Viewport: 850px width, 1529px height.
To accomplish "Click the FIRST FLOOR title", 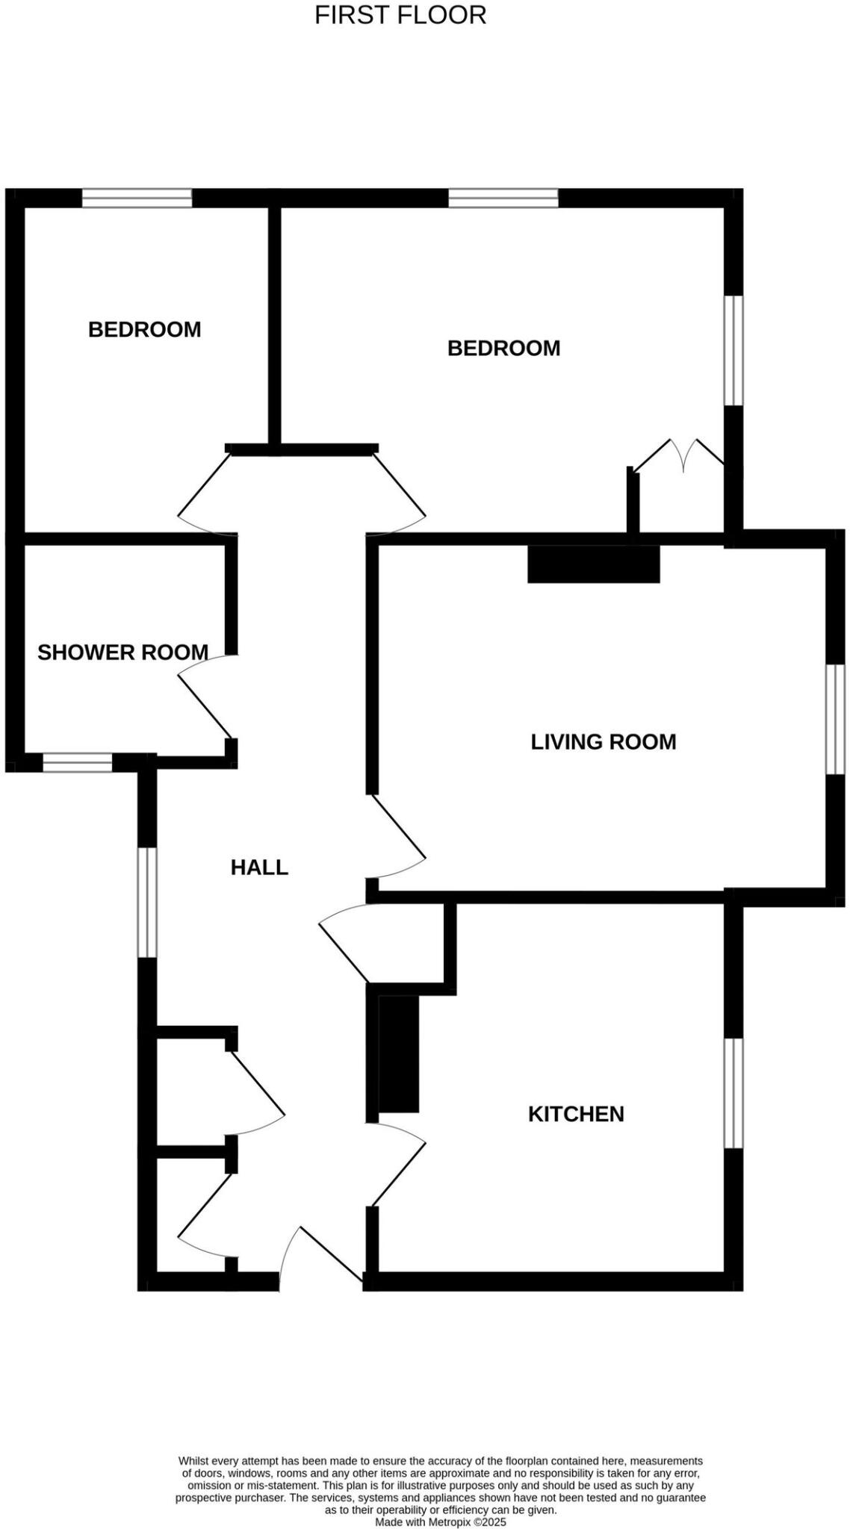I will point(400,15).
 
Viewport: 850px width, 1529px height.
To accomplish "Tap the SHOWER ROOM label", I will point(122,653).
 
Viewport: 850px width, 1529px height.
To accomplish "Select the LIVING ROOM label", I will point(603,742).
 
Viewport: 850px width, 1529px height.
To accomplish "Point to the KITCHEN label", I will point(576,1114).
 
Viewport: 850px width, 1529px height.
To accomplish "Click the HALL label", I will point(259,868).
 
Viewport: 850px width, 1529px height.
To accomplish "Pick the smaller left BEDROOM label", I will point(144,329).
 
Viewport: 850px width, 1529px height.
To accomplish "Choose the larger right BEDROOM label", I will point(503,348).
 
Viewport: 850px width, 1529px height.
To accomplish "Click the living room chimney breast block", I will point(593,564).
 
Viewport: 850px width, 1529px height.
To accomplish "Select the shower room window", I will point(77,762).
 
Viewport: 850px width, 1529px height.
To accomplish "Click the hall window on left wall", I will point(147,902).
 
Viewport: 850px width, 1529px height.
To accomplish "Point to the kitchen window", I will point(734,1093).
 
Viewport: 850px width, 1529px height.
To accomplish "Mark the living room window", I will point(835,720).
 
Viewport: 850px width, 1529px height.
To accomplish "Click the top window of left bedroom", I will point(137,198).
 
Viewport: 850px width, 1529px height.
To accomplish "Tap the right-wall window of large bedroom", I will point(734,351).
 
